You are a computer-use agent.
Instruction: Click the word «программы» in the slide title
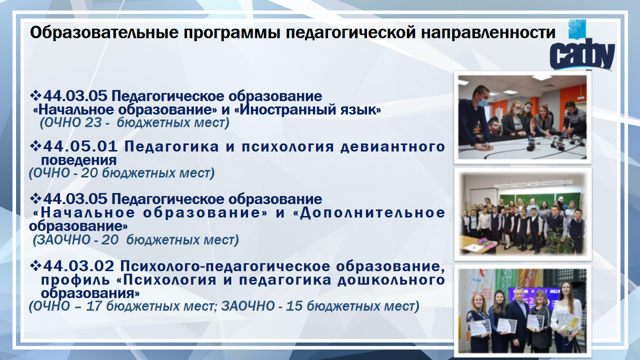pyautogui.click(x=232, y=33)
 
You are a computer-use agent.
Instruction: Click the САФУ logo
pyautogui.click(x=582, y=45)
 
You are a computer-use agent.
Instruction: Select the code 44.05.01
pyautogui.click(x=80, y=146)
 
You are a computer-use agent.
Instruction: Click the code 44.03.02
pyautogui.click(x=78, y=266)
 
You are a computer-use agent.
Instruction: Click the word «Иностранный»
pyautogui.click(x=287, y=109)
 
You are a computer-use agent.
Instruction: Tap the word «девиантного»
pyautogui.click(x=392, y=147)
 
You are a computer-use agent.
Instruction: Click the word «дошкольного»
pyautogui.click(x=391, y=280)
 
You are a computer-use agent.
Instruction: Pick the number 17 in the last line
pyautogui.click(x=94, y=306)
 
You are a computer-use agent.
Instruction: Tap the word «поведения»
pyautogui.click(x=79, y=160)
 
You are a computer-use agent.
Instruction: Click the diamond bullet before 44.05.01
pyautogui.click(x=35, y=146)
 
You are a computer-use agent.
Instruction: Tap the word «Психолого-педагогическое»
pyautogui.click(x=225, y=266)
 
